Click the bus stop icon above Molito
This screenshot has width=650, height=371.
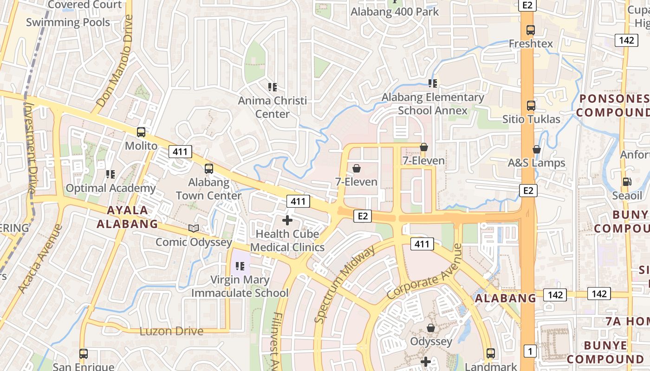[x=141, y=132]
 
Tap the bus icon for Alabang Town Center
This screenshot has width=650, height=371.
[x=209, y=169]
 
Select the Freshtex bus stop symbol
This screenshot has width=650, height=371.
[x=531, y=30]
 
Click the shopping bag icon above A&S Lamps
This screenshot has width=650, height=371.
[x=536, y=149]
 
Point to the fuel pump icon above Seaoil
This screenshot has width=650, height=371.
[x=627, y=182]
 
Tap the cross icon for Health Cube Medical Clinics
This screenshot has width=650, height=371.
[x=287, y=220]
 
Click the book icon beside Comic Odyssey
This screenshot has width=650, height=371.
[x=194, y=229]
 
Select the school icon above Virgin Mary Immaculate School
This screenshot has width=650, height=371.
[x=240, y=266]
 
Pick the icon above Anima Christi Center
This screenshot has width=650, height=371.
[x=273, y=87]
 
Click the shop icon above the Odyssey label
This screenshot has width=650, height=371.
[x=431, y=328]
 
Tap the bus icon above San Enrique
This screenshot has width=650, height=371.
[x=84, y=354]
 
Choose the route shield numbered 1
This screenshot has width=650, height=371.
[x=530, y=352]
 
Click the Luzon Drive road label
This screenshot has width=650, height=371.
[x=171, y=331]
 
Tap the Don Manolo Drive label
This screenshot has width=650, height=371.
[x=115, y=60]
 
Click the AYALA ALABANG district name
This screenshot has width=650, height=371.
[x=127, y=217]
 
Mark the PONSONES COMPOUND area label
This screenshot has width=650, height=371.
[x=613, y=105]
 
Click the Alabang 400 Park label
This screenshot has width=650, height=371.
[x=395, y=12]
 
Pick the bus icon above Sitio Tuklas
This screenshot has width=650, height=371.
[x=531, y=106]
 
